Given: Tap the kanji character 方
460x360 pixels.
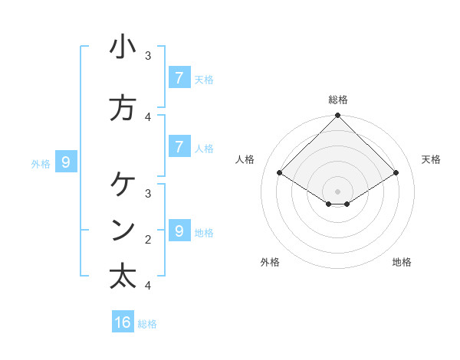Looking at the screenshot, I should click(123, 108).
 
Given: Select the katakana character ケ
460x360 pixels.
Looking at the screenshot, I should click(123, 185).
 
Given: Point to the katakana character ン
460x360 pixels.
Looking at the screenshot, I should click(123, 230).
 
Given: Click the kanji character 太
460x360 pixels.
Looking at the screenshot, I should click(123, 276).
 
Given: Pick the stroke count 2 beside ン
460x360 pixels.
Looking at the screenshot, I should click(148, 239).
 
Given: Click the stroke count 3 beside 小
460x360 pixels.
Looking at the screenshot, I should click(148, 56).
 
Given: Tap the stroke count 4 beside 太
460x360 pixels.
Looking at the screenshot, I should click(148, 286).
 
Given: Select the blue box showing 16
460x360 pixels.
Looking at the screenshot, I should click(123, 322).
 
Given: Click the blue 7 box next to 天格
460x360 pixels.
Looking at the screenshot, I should click(179, 77).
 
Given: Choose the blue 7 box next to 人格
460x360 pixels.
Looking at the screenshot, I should click(179, 146).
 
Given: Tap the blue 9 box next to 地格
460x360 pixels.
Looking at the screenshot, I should click(179, 231).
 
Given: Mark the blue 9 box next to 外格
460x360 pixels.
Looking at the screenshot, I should click(66, 162).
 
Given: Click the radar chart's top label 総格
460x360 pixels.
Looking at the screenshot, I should click(338, 100).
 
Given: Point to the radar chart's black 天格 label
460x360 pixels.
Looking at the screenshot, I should click(431, 159).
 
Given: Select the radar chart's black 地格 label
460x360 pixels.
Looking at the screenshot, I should click(402, 262).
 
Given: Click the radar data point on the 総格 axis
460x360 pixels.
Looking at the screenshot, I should click(338, 116).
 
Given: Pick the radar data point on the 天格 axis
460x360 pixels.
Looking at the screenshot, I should click(396, 172).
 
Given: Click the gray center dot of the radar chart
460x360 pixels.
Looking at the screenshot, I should click(338, 191).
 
